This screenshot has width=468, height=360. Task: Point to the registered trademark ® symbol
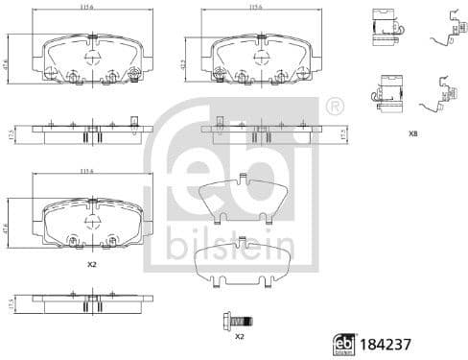334,105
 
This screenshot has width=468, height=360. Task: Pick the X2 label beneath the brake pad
91,263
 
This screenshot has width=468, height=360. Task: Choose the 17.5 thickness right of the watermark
342,137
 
